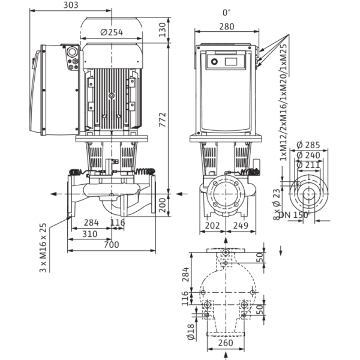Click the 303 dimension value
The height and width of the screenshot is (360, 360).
click(71, 5)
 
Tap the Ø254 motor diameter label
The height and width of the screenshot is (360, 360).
click(112, 32)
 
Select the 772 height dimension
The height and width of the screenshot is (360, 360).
click(163, 119)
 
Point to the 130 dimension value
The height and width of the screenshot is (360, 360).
click(163, 29)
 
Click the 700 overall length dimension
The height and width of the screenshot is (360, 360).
click(112, 245)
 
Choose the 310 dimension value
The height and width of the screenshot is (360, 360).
click(90, 234)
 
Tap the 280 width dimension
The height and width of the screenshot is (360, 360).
click(227, 26)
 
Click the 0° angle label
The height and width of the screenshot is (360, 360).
click(226, 13)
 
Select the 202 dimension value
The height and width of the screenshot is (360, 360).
click(212, 226)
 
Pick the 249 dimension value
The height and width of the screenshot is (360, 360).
click(241, 226)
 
